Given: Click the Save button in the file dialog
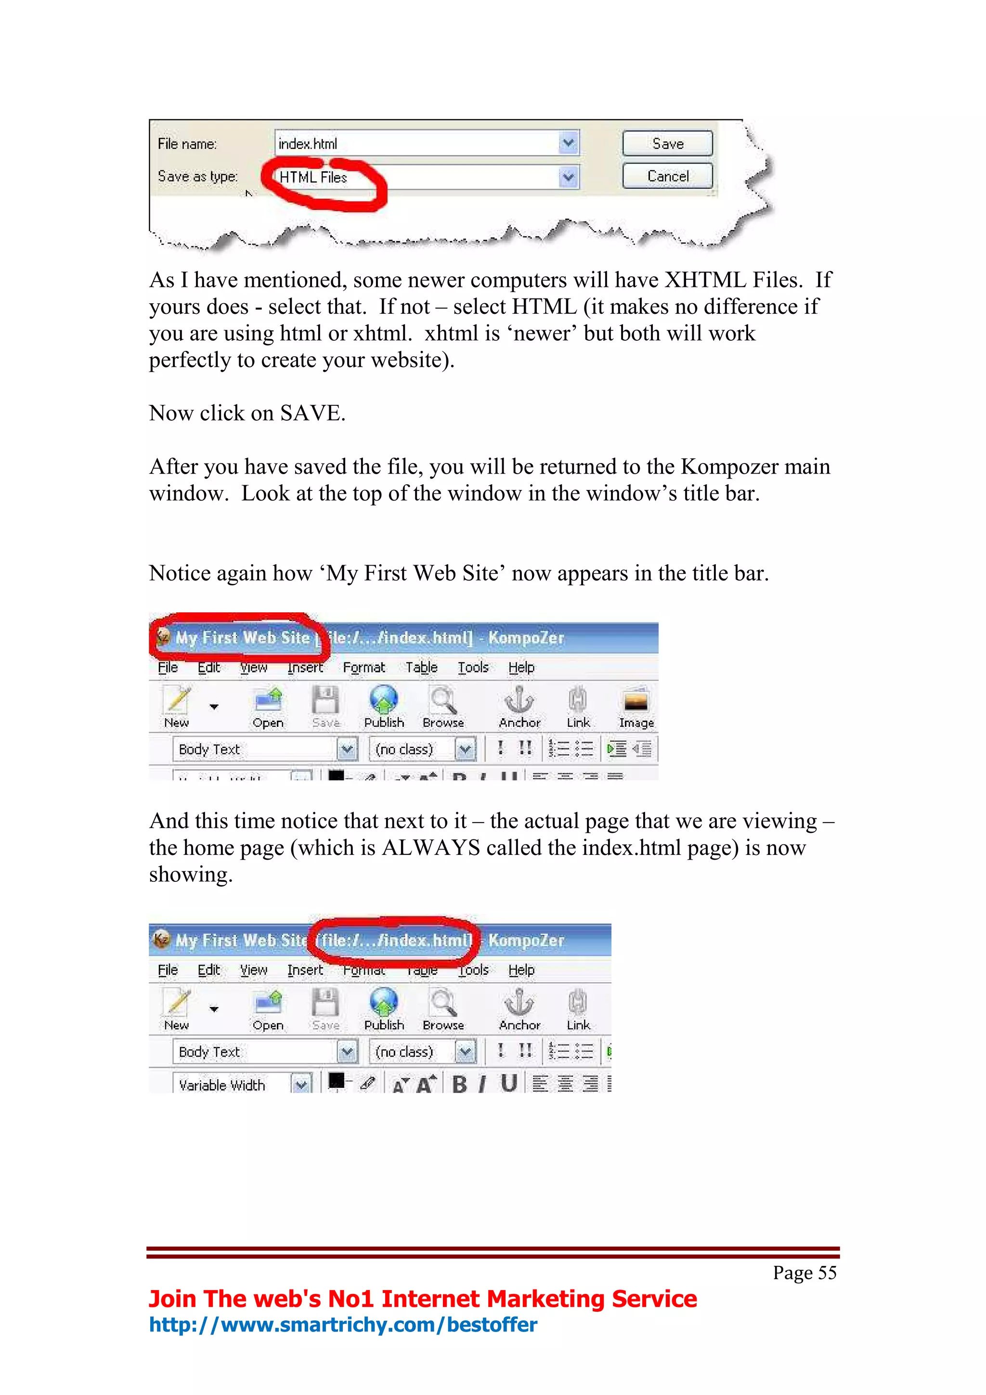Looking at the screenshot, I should pos(667,144).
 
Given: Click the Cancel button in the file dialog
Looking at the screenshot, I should pos(667,176).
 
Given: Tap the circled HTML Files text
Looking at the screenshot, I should pos(313,178).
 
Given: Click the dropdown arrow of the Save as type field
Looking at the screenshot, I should pos(569,178).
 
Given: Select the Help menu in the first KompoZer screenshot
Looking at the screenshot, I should pos(521,667).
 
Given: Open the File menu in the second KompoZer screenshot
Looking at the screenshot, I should pos(168,969).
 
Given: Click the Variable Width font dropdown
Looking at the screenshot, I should pos(242,1085).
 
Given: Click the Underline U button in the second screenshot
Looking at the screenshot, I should pos(509,1083).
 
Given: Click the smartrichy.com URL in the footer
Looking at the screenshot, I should pos(343,1325).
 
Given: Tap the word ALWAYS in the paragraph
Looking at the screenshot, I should pos(431,848).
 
